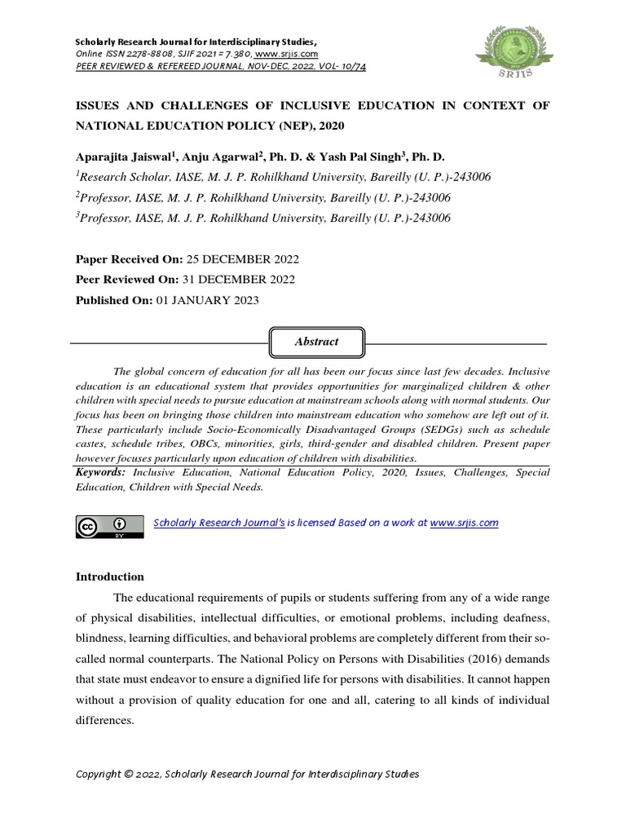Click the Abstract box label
point(316,342)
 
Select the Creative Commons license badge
point(103,528)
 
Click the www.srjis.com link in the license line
point(464,523)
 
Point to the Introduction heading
point(109,577)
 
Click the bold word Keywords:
point(101,473)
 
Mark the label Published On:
point(113,300)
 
